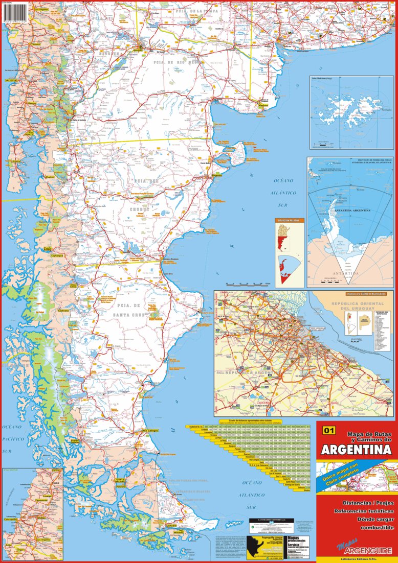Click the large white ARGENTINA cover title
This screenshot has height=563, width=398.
355,450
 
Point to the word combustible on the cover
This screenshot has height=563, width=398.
375,527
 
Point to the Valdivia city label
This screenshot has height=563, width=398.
11,80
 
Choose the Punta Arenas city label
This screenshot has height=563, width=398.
120,481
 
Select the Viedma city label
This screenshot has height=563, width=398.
263,106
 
